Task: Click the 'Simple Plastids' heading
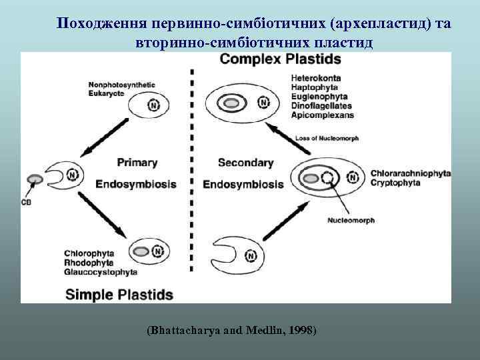pos(119,294)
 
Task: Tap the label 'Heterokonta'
pos(316,79)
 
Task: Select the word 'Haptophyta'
pos(315,87)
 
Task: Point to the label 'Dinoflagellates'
pos(321,105)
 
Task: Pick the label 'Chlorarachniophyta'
pos(410,173)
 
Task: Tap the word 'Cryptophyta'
pos(395,182)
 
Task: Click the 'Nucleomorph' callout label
pos(351,220)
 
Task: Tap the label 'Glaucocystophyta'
pos(101,271)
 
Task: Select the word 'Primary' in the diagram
pos(137,162)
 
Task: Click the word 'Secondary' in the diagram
pos(245,162)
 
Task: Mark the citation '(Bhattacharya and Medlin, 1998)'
pos(231,331)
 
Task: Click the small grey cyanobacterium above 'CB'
pos(34,179)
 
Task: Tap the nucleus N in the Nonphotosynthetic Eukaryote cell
pos(154,105)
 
